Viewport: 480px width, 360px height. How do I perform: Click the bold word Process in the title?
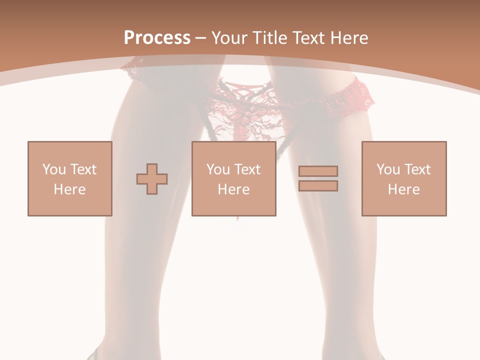pos(157,37)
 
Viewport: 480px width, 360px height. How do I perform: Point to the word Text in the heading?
pos(311,37)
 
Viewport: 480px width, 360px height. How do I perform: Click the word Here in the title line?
pos(349,37)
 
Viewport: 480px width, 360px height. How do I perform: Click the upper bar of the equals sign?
pos(318,171)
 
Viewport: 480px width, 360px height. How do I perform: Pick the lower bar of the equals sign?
pos(318,185)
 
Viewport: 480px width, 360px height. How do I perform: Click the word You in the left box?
pos(53,169)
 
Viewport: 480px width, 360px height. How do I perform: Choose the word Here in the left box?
pos(69,189)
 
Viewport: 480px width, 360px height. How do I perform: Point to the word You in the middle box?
pos(218,169)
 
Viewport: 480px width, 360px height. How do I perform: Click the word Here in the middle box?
pos(234,189)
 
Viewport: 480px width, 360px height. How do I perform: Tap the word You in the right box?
pos(388,169)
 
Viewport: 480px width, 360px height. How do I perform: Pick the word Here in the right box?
pos(404,189)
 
